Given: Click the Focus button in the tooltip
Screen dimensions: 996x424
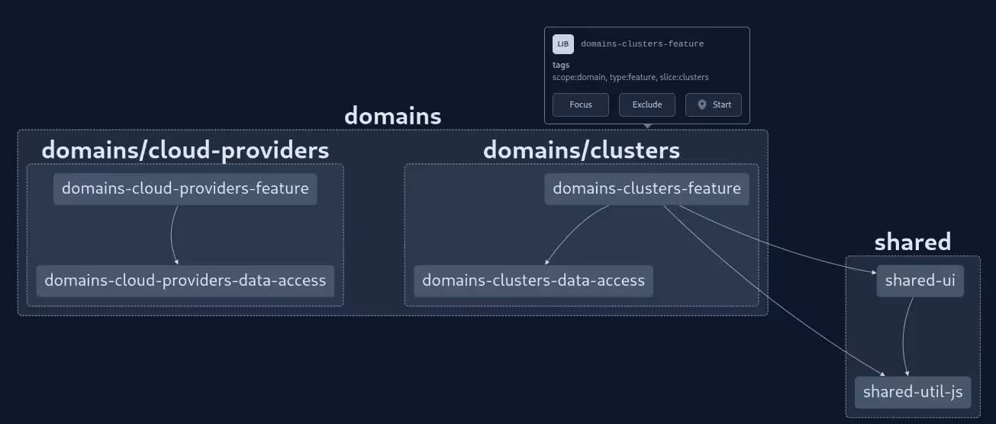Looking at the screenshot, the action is pos(580,105).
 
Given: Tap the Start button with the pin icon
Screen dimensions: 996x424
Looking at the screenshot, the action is pos(713,105).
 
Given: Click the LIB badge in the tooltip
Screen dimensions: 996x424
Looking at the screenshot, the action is pos(563,44).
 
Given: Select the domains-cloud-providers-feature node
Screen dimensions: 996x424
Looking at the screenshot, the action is pos(185,189).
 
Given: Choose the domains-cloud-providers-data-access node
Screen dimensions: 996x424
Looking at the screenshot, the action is pos(185,281).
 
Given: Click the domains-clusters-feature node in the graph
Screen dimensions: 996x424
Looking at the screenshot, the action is pos(646,189).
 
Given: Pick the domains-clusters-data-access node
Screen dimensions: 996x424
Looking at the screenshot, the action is pos(533,281).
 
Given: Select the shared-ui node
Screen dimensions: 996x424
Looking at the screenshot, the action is pos(920,281).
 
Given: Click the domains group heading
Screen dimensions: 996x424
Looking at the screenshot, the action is pos(392,117).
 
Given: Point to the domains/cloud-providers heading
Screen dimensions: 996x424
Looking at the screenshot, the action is pos(185,150).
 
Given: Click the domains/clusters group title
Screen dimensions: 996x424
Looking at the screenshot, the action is pos(581,150).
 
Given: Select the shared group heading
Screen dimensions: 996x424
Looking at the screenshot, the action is pos(912,243).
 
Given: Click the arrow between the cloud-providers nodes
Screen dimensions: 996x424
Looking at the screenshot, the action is pos(171,235).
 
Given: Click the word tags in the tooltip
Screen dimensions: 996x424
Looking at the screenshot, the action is pos(561,66).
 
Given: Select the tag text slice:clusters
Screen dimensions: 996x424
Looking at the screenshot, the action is pos(684,77).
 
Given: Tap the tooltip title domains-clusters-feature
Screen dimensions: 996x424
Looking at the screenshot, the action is pos(642,44).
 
